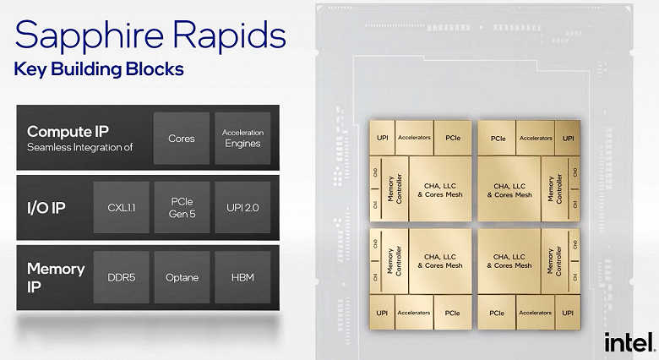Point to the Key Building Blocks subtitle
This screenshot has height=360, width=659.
click(99, 69)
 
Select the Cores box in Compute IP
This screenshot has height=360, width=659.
click(181, 138)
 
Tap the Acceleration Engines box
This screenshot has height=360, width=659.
click(242, 138)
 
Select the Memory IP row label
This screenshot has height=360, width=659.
click(56, 278)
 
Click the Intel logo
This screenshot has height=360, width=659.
click(629, 341)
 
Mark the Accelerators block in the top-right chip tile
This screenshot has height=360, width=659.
click(536, 137)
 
